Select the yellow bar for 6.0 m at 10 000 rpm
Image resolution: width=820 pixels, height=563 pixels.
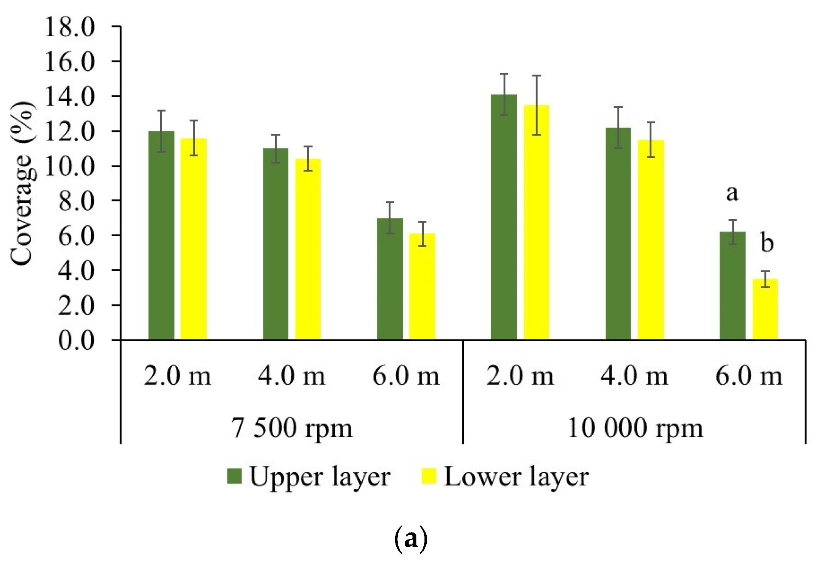pos(765,309)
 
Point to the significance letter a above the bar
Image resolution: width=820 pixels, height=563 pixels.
pos(732,193)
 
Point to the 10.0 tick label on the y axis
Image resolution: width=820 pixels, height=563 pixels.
pos(69,167)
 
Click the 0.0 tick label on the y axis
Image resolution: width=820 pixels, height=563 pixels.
pos(76,341)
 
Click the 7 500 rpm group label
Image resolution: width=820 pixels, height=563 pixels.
pos(292,428)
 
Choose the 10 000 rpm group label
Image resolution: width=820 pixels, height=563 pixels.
pos(635,428)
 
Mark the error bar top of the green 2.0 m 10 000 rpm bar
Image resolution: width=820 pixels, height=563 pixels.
pos(504,74)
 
